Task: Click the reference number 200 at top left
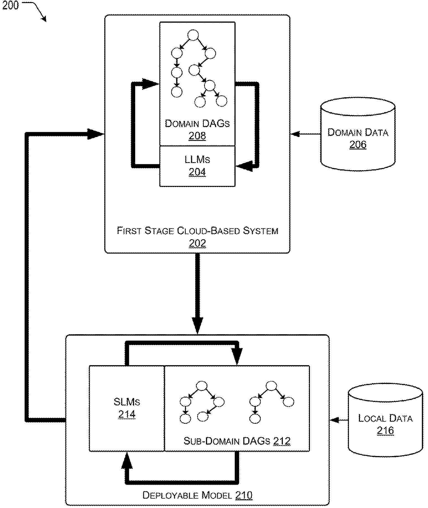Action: pyautogui.click(x=10, y=5)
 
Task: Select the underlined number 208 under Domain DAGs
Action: pyautogui.click(x=197, y=136)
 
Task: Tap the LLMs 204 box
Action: pyautogui.click(x=197, y=166)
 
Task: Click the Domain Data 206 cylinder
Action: pyautogui.click(x=358, y=134)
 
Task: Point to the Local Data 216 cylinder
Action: pyautogui.click(x=385, y=420)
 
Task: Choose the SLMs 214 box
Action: pyautogui.click(x=127, y=408)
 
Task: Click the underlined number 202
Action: pyautogui.click(x=197, y=243)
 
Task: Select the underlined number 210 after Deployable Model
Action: pyautogui.click(x=244, y=495)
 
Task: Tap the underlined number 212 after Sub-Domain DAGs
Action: pyautogui.click(x=282, y=441)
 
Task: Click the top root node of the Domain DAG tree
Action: pyautogui.click(x=193, y=35)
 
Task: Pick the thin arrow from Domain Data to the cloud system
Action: pyautogui.click(x=305, y=134)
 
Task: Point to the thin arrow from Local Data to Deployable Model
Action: pyautogui.click(x=339, y=420)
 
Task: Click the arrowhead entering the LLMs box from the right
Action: pyautogui.click(x=244, y=166)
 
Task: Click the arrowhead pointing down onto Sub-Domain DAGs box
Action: pyautogui.click(x=237, y=357)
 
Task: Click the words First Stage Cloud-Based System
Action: pyautogui.click(x=197, y=231)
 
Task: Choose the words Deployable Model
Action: pyautogui.click(x=187, y=495)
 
